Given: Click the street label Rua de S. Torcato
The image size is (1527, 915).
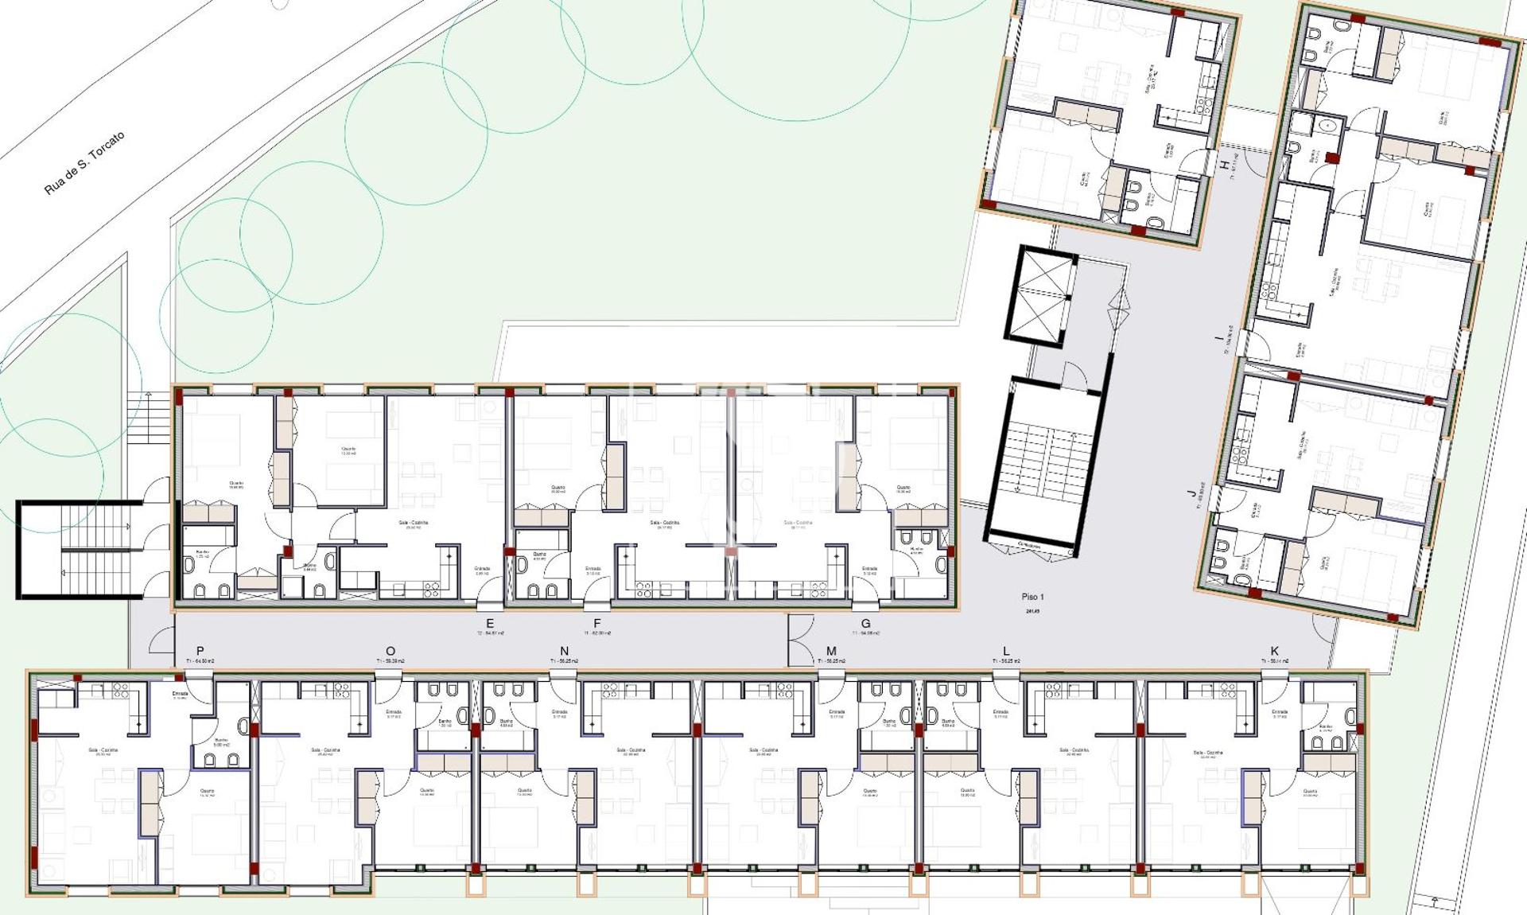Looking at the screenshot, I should pos(84,163).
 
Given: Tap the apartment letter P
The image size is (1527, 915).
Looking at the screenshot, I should pos(200,651).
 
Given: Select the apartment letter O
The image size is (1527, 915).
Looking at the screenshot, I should pos(390,651).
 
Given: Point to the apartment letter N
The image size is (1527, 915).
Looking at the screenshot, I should pos(565,651).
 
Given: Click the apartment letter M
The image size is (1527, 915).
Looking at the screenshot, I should pos(831,651).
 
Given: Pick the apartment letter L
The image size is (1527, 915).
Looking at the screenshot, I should pos(1006,651).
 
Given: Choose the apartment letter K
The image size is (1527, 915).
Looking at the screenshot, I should pos(1275,651).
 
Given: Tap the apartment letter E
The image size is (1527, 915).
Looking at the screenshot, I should pos(490,623).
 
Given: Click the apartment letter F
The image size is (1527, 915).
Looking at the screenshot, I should pos(597,623).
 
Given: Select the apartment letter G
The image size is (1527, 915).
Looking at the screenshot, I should pos(865,623).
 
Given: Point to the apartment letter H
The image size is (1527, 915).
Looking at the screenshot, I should pos(1224,165).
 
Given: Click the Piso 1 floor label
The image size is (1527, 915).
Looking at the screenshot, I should pos(1032,597).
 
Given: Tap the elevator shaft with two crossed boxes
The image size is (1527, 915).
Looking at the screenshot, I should pos(1043,297).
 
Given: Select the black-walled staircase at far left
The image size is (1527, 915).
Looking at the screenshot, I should pos(80,549).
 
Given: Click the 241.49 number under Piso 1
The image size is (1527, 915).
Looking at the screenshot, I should pos(1032,611).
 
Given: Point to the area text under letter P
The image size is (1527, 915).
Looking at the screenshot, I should pos(200,661).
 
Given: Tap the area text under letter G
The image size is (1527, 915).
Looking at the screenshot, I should pos(865,633).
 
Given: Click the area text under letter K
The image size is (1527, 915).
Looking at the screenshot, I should pos(1275,661).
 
